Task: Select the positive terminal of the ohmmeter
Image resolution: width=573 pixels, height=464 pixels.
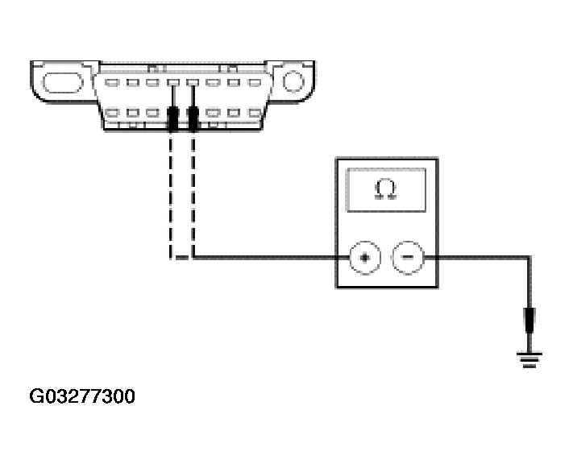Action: coord(364,258)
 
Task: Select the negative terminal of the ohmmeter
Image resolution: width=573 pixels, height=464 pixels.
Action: coord(408,258)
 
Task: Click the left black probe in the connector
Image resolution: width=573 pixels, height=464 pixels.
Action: coord(172,118)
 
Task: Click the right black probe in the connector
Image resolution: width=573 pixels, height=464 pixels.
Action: coord(193,118)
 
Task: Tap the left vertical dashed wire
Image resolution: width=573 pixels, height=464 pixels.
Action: coord(172,193)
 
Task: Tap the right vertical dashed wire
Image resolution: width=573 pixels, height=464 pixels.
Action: coord(193,193)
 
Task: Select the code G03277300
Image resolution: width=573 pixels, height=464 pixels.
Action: coord(82,396)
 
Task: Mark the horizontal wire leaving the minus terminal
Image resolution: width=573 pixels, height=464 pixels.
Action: coord(475,258)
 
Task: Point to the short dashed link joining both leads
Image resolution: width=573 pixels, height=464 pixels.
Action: coord(182,258)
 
